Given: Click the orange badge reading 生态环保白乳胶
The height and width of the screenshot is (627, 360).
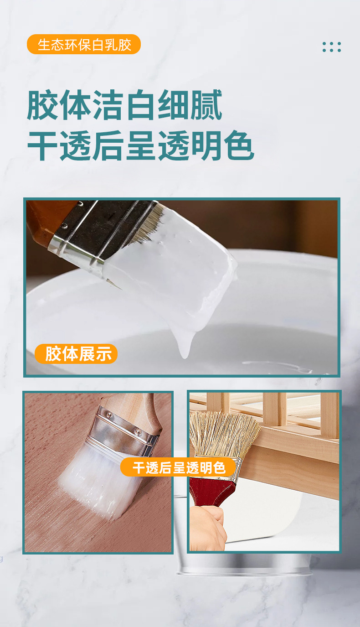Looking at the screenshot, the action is click(84, 44).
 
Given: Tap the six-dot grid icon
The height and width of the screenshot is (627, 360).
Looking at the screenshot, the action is click(331, 47).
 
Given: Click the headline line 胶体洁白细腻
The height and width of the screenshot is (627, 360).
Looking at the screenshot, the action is click(125, 105).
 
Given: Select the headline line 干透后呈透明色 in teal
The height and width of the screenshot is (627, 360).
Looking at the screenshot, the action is click(141, 145).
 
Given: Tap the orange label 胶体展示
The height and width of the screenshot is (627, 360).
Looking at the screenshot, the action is click(76, 354).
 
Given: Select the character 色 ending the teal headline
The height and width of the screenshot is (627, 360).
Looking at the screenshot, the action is click(239, 145).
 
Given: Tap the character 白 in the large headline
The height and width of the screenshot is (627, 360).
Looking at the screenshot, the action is click(141, 105).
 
